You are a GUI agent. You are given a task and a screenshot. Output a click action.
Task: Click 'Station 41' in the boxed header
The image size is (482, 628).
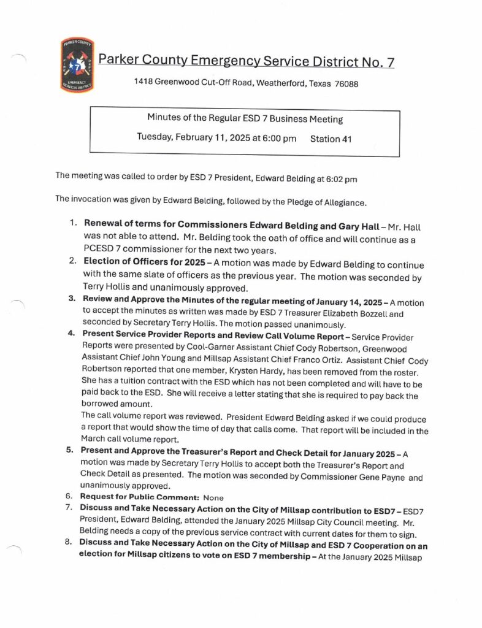(331, 139)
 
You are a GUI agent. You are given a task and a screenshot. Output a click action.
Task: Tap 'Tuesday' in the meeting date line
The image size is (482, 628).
(153, 139)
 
